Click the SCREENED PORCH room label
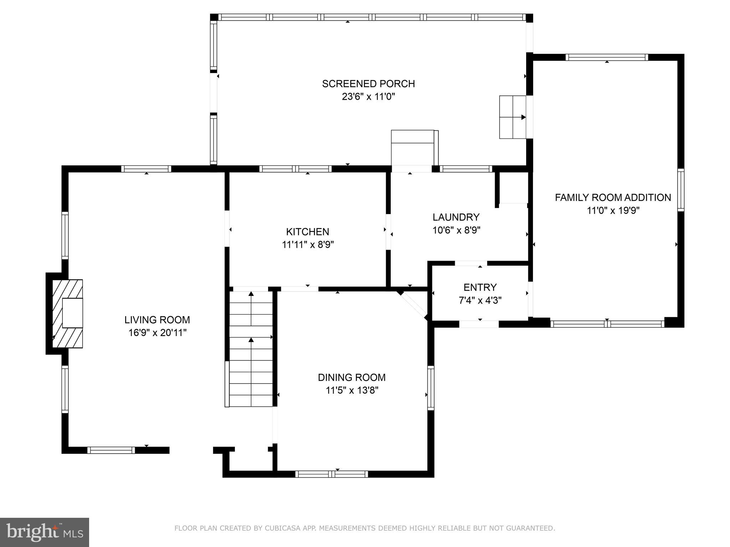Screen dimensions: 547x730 point(368,84)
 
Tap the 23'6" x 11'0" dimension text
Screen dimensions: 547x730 point(368,97)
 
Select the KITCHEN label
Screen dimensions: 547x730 point(307,232)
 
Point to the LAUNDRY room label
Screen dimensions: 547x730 point(456,217)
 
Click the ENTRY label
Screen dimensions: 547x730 point(480,287)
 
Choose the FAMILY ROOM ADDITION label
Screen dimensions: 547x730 point(613,197)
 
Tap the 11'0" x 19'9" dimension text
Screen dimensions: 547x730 point(613,210)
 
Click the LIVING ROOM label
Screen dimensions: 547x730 point(157,320)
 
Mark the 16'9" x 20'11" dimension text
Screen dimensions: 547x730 point(157,333)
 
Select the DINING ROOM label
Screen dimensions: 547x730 point(351,377)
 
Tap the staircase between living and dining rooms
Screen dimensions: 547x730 point(251,349)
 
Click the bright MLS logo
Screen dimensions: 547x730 point(44,532)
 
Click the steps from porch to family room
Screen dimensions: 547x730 point(513,117)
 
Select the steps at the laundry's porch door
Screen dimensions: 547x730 point(413,148)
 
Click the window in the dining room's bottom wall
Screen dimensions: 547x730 point(331,474)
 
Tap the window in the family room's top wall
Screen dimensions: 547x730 point(606,57)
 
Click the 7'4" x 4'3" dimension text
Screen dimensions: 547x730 point(480,301)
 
